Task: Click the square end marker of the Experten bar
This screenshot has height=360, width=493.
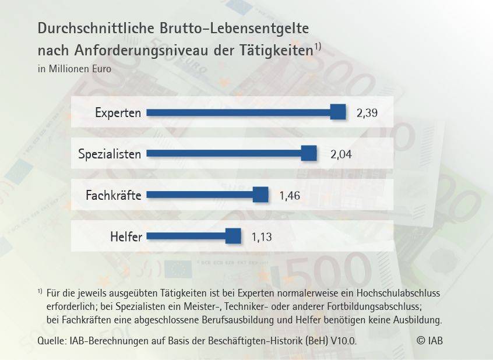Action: (x=338, y=112)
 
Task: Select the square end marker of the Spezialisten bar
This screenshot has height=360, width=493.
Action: (x=309, y=153)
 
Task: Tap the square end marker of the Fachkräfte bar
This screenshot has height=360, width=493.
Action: (x=260, y=195)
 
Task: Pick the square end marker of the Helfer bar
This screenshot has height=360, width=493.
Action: (x=233, y=236)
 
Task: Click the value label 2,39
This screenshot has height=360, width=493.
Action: (x=367, y=112)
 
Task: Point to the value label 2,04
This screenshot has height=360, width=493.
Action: (x=341, y=154)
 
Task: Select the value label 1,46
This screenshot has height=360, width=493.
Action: (x=290, y=196)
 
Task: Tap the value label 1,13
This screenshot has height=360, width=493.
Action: (x=262, y=237)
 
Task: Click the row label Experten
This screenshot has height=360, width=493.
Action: (x=118, y=112)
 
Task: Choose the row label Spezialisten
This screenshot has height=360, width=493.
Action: (x=110, y=154)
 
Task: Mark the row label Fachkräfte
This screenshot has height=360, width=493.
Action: (x=114, y=195)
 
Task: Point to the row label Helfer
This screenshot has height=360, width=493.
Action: (x=126, y=237)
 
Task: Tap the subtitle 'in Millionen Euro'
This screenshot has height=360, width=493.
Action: (x=74, y=68)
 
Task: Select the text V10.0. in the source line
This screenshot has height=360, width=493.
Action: (x=342, y=341)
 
